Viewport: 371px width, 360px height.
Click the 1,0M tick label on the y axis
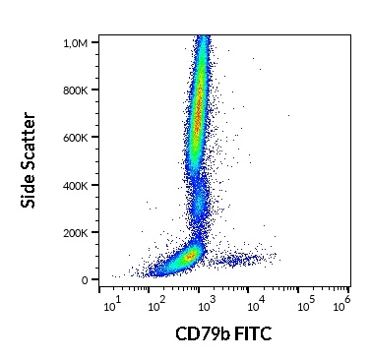tap(74, 43)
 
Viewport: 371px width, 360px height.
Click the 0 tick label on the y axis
tap(85, 279)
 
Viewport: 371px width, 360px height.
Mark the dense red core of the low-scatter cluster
tap(187, 257)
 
